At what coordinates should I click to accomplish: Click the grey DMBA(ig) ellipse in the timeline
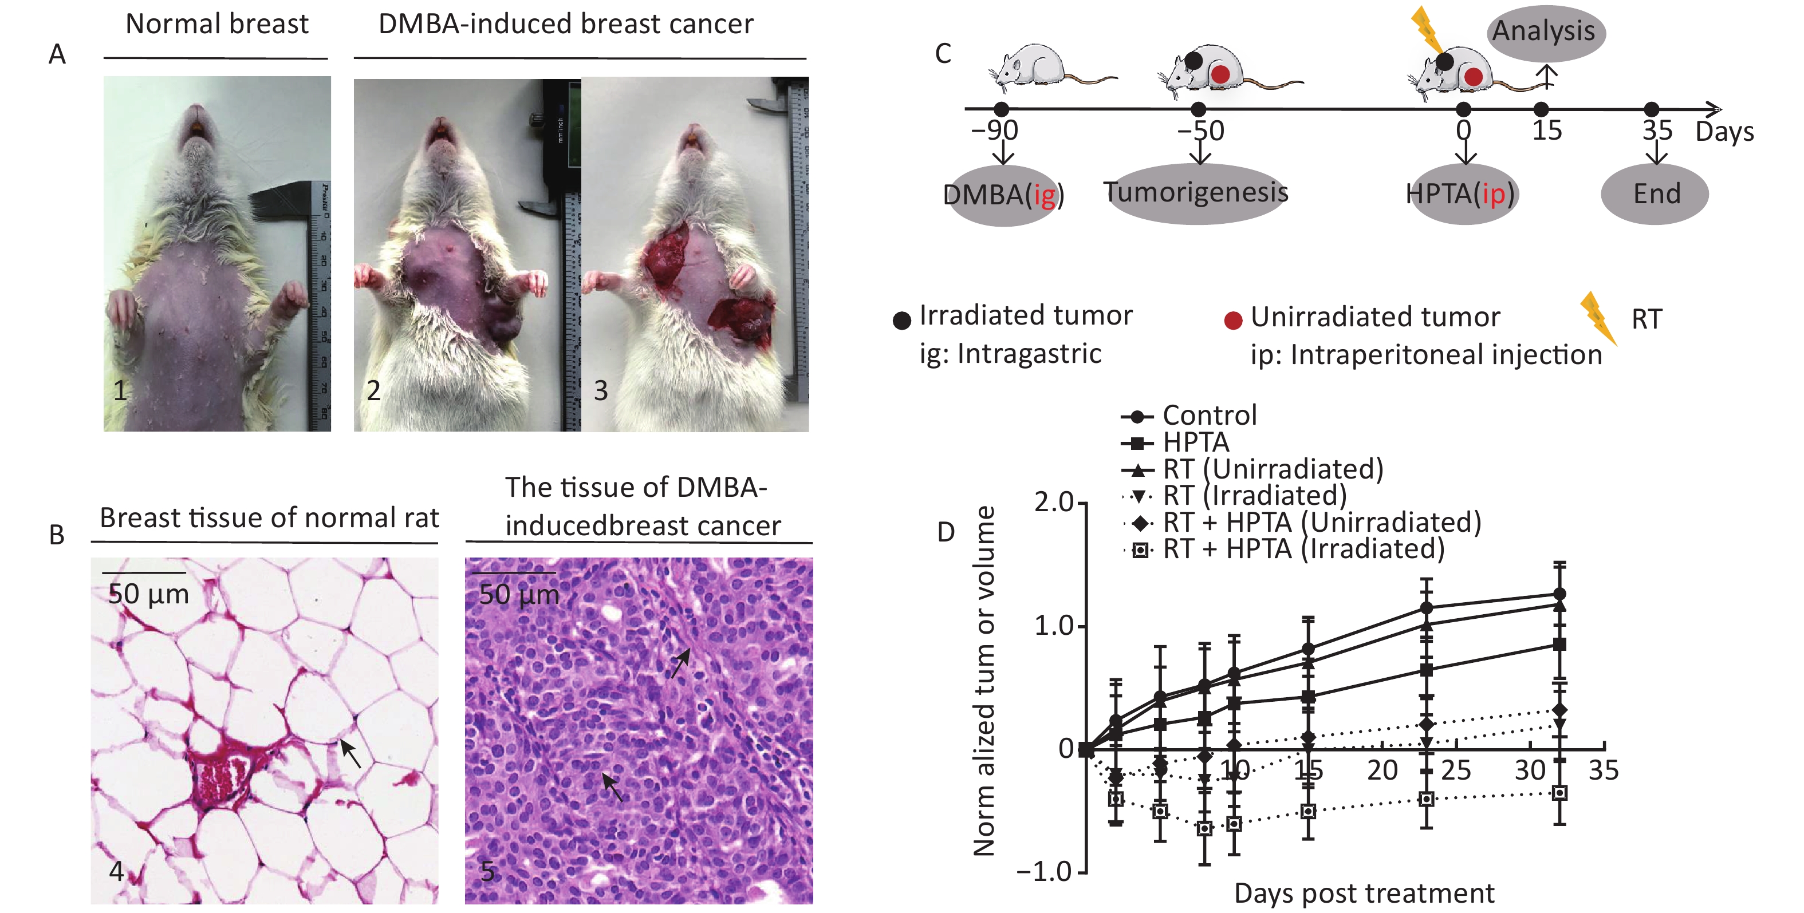tap(1003, 195)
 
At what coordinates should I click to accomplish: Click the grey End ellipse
tap(1656, 194)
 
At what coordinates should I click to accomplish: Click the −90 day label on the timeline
tap(994, 131)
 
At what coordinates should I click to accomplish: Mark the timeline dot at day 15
tap(1541, 109)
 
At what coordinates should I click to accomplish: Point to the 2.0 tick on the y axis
tap(1053, 503)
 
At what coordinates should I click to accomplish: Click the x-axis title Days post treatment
tap(1364, 894)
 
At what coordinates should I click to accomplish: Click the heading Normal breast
tap(216, 25)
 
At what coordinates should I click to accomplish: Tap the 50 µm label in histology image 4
tap(148, 594)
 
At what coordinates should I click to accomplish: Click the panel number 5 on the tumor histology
tap(487, 872)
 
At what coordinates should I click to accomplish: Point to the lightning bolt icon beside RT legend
tap(1597, 319)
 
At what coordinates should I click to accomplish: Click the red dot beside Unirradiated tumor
tap(1232, 321)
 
